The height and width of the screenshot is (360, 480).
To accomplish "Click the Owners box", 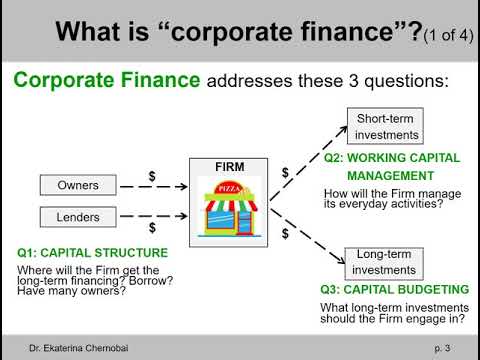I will [77, 185].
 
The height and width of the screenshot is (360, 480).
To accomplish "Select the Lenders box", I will [77, 215].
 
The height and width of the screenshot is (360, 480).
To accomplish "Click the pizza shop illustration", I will [231, 207].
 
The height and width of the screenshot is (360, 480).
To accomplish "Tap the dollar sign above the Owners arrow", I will [151, 174].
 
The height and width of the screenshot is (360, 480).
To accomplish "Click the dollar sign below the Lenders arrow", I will [151, 228].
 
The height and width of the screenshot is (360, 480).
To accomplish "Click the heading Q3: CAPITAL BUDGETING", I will [397, 290].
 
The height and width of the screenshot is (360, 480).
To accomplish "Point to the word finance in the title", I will [345, 33].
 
